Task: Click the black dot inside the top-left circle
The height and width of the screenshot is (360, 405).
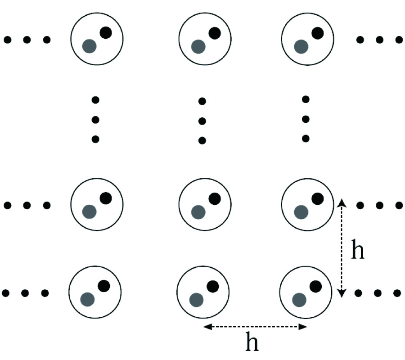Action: click(x=106, y=32)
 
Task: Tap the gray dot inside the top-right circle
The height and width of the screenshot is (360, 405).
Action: click(x=301, y=46)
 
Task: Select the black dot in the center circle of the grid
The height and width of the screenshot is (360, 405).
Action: click(x=215, y=198)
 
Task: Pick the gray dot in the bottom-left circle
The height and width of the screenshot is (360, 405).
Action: click(x=87, y=299)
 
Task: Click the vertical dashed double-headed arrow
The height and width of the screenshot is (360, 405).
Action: click(x=342, y=248)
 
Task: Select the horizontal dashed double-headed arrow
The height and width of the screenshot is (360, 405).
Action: click(x=255, y=327)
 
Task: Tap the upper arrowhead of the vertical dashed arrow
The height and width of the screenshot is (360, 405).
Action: click(x=342, y=201)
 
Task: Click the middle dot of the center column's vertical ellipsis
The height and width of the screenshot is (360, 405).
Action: click(x=202, y=121)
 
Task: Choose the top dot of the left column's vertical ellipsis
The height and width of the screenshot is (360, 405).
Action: click(x=95, y=99)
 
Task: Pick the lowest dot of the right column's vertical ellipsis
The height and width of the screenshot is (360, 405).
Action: click(x=306, y=139)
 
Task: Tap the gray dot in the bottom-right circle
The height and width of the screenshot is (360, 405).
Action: click(x=299, y=299)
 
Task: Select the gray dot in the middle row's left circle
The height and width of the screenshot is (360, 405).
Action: click(x=90, y=211)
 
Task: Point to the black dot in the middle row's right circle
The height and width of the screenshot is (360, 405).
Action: click(x=318, y=198)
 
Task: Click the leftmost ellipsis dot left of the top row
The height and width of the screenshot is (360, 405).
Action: click(x=7, y=40)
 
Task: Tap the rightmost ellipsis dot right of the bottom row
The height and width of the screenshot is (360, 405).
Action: click(x=398, y=293)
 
